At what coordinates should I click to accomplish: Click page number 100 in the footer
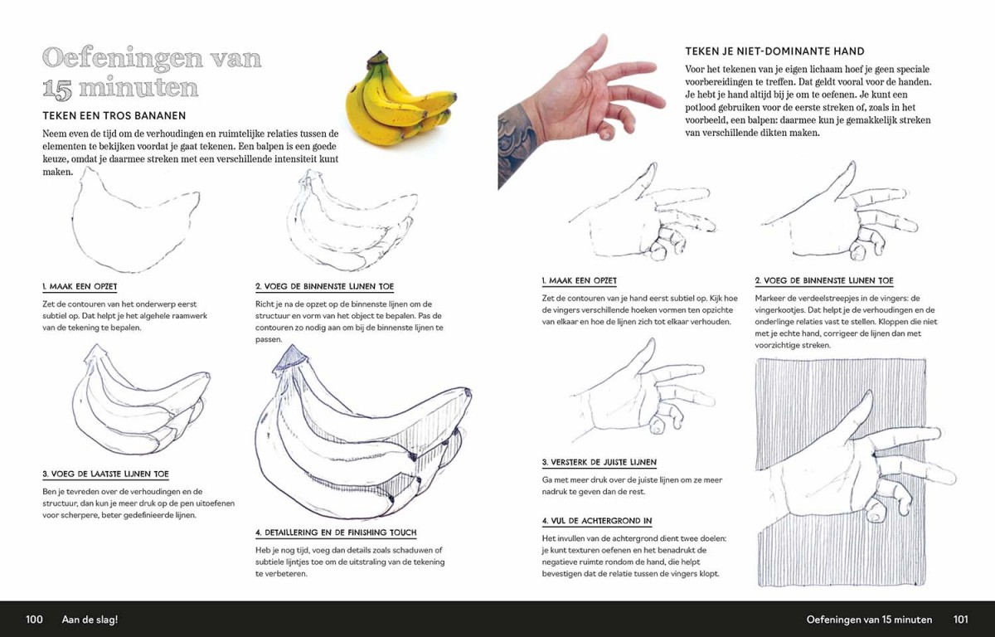pyautogui.click(x=34, y=620)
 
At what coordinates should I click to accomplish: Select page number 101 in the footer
pyautogui.click(x=960, y=620)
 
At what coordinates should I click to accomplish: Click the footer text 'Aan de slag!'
pyautogui.click(x=90, y=620)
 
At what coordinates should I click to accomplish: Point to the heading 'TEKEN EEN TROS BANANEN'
pyautogui.click(x=114, y=115)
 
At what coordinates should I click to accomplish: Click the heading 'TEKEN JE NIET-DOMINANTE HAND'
pyautogui.click(x=774, y=51)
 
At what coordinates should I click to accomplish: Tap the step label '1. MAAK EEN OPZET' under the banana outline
pyautogui.click(x=80, y=286)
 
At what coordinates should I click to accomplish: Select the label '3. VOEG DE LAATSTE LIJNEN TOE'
pyautogui.click(x=106, y=474)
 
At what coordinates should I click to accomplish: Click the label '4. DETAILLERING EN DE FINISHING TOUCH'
pyautogui.click(x=336, y=532)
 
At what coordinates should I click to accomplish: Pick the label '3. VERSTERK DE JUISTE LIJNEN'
pyautogui.click(x=599, y=463)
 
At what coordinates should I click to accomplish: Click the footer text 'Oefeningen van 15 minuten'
pyautogui.click(x=869, y=620)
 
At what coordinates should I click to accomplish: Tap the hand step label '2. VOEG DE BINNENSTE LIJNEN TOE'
pyautogui.click(x=824, y=280)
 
